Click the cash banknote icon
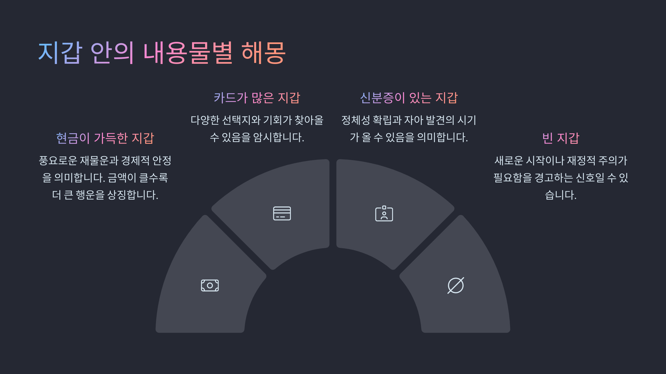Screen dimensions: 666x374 pos(210,285)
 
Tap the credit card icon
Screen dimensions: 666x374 pos(282,213)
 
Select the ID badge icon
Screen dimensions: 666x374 pos(384,214)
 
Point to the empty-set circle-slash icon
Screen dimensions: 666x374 pos(456,285)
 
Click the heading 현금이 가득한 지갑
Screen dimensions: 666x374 pos(105,138)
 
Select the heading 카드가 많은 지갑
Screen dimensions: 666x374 pos(257,98)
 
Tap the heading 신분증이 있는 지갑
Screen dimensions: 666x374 pos(409,98)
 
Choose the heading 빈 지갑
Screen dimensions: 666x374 pos(561,138)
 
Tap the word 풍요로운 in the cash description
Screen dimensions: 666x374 pos(58,161)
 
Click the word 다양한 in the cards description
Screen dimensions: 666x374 pos(205,120)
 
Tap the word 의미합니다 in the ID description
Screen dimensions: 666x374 pos(442,137)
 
